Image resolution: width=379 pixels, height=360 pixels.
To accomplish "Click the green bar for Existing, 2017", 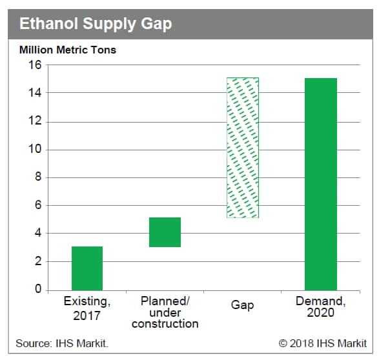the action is (87, 268).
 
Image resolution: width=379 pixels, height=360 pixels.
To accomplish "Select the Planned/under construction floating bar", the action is (165, 232).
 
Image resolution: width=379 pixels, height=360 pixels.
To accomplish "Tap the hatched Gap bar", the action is (243, 148).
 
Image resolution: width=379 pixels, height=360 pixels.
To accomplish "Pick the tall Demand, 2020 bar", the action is (321, 185).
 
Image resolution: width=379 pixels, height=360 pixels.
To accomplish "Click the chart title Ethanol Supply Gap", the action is (96, 24).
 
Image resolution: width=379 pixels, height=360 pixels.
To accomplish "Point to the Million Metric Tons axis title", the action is (68, 50).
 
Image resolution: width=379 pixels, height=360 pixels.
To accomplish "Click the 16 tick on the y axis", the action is (35, 65).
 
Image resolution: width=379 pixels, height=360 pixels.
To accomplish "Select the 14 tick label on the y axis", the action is (35, 92).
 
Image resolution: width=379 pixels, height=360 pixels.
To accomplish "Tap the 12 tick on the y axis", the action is (35, 121).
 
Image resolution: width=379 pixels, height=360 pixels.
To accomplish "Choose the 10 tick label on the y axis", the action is (35, 149).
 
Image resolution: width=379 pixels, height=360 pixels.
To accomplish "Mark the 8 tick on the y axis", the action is (38, 177).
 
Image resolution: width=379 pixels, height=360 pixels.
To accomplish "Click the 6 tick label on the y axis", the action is (38, 205).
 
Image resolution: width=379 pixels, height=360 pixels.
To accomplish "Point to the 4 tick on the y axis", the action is (38, 234).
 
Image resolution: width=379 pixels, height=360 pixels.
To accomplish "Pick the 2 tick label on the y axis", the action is (38, 261).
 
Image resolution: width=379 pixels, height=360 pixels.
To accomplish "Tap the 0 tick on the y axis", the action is (38, 289).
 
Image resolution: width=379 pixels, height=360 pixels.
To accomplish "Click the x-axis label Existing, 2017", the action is (87, 308).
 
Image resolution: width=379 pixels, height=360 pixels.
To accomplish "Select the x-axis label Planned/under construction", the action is (165, 312).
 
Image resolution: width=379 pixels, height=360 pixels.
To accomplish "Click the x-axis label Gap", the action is (242, 305).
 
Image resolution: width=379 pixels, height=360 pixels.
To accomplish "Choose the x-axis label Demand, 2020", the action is (320, 306).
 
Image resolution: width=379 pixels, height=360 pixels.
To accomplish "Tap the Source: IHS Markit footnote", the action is (62, 343).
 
